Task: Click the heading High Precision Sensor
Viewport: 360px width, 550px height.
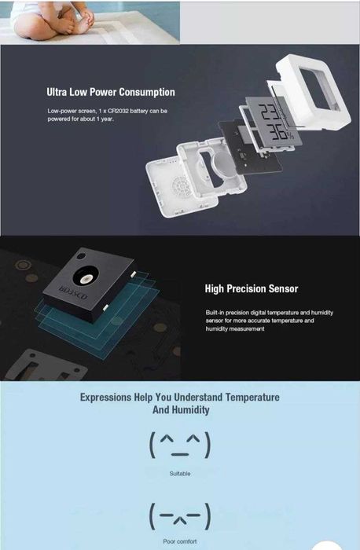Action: [251, 288]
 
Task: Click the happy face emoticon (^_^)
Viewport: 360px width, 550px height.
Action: [179, 445]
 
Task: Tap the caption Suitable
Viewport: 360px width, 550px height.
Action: [179, 474]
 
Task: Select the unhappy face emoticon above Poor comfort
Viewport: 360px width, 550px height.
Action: [179, 515]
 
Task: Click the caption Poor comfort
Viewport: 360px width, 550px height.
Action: [179, 541]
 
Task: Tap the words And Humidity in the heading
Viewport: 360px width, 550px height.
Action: [181, 410]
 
